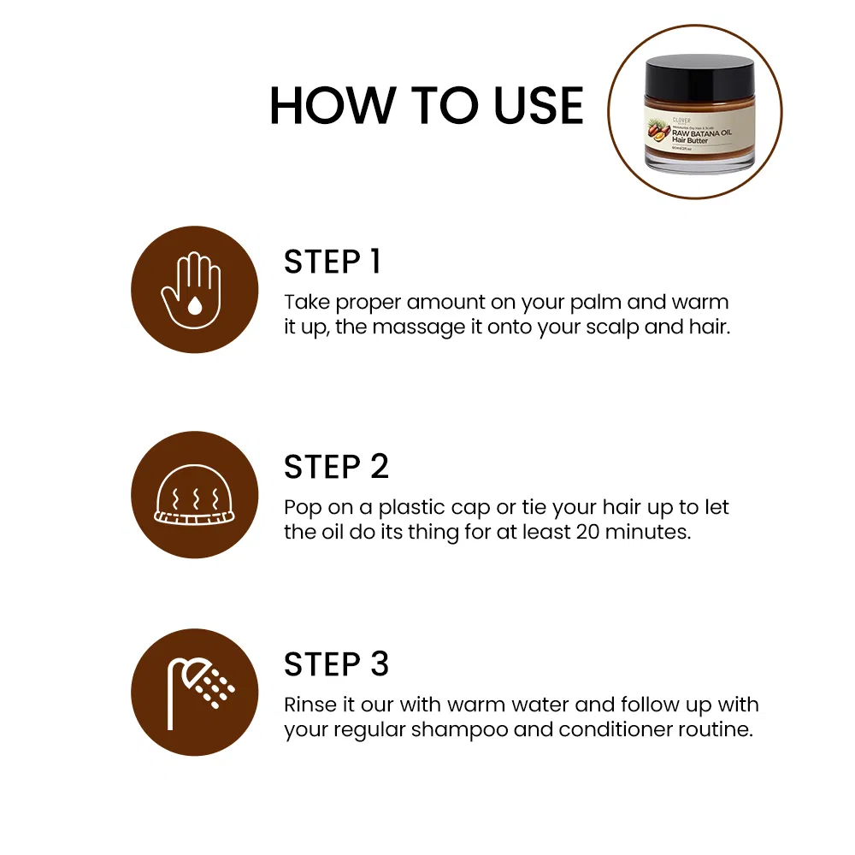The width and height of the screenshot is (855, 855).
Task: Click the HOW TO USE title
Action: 426,106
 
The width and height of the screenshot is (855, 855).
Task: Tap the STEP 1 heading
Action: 332,262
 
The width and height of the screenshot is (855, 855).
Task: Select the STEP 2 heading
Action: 336,467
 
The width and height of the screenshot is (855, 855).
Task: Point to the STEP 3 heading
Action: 336,664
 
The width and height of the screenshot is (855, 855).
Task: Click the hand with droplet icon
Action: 194,289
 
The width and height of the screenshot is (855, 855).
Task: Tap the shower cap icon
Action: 194,495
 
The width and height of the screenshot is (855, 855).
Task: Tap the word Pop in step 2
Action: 303,507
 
